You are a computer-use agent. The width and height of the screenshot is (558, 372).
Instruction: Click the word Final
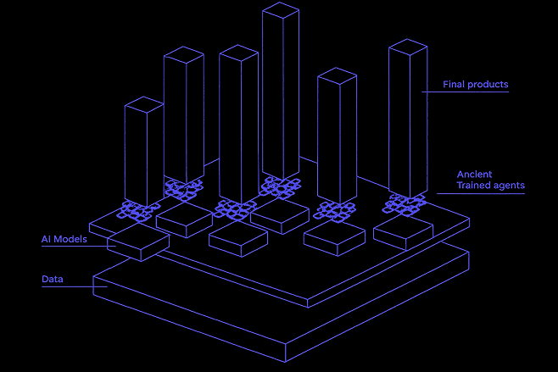pyautogui.click(x=453, y=85)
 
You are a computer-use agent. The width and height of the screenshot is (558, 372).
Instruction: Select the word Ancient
pyautogui.click(x=475, y=175)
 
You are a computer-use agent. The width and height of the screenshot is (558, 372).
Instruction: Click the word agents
pyautogui.click(x=511, y=186)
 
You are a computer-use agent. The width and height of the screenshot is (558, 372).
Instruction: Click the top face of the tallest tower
pyautogui.click(x=281, y=9)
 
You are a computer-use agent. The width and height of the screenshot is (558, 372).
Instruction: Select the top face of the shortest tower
pyautogui.click(x=144, y=105)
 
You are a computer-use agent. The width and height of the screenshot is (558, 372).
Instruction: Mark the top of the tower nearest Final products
pyautogui.click(x=407, y=49)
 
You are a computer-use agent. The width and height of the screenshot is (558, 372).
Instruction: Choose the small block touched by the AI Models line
pyautogui.click(x=137, y=243)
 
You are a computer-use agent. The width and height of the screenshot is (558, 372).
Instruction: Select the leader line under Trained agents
pyautogui.click(x=483, y=193)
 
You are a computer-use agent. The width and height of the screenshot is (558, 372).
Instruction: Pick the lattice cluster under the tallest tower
pyautogui.click(x=281, y=186)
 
